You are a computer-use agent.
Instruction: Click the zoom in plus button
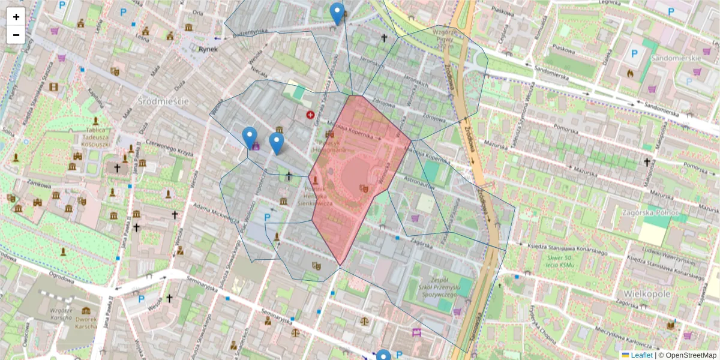(x=16, y=17)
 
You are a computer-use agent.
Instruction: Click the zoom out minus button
(x=16, y=35)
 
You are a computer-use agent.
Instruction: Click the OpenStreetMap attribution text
(x=690, y=355)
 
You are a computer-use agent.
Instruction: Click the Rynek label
(x=208, y=50)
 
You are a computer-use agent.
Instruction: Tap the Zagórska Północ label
(x=650, y=212)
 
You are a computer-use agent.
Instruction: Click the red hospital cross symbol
(x=310, y=115)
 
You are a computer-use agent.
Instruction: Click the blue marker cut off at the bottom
(x=383, y=355)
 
